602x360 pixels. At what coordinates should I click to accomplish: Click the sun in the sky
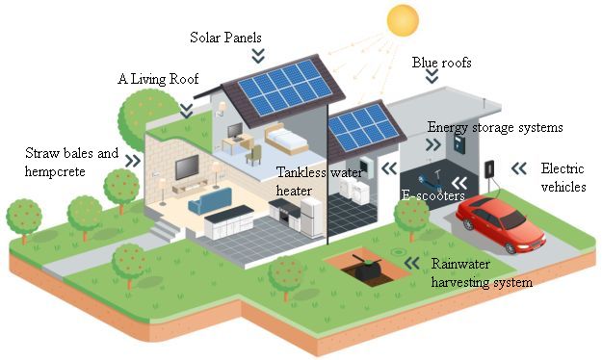[x=403, y=20]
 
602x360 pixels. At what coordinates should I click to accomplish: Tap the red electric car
[x=501, y=223]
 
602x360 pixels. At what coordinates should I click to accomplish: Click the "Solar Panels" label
[x=225, y=38]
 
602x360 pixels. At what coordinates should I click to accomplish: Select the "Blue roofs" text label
[x=441, y=63]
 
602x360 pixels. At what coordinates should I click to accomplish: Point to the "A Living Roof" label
[x=158, y=79]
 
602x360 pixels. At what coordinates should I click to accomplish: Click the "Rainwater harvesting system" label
[x=482, y=272]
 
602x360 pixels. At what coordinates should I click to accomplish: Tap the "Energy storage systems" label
[x=495, y=127]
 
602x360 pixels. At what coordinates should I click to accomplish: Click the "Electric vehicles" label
[x=563, y=177]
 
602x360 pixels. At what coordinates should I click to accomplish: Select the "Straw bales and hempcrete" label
[x=71, y=162]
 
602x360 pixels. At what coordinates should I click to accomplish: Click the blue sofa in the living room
[x=210, y=201]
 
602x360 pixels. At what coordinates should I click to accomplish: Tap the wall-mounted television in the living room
[x=187, y=167]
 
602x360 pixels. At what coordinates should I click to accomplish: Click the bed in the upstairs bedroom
[x=286, y=140]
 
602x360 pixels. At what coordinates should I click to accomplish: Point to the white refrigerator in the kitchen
[x=311, y=218]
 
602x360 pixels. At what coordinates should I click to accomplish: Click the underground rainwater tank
[x=367, y=270]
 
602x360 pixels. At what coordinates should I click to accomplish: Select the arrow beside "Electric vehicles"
[x=519, y=168]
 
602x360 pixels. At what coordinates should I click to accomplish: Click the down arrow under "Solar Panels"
[x=258, y=56]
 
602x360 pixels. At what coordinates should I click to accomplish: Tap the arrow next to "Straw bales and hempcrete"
[x=133, y=161]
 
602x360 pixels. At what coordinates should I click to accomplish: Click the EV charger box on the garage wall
[x=489, y=169]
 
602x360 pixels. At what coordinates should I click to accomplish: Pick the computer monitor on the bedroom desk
[x=235, y=131]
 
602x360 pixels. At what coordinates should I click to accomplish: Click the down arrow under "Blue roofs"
[x=432, y=76]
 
